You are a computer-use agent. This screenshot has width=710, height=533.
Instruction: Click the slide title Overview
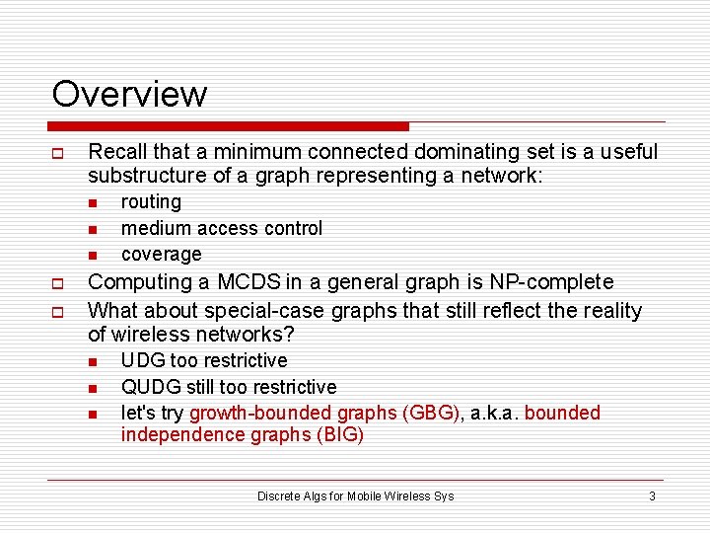pyautogui.click(x=129, y=94)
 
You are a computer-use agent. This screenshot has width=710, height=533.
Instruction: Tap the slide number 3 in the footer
pyautogui.click(x=652, y=495)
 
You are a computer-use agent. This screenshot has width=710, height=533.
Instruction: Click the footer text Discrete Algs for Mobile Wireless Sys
pyautogui.click(x=355, y=495)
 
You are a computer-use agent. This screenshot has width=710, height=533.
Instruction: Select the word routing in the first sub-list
pyautogui.click(x=151, y=202)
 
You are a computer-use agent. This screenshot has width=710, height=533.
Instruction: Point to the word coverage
pyautogui.click(x=161, y=255)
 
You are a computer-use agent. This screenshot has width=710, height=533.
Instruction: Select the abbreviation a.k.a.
pyautogui.click(x=494, y=413)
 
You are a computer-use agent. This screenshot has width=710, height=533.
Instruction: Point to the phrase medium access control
pyautogui.click(x=222, y=228)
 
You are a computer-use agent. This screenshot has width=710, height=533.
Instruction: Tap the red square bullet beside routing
pyautogui.click(x=92, y=203)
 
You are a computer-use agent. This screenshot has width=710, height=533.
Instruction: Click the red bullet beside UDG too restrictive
pyautogui.click(x=92, y=362)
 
